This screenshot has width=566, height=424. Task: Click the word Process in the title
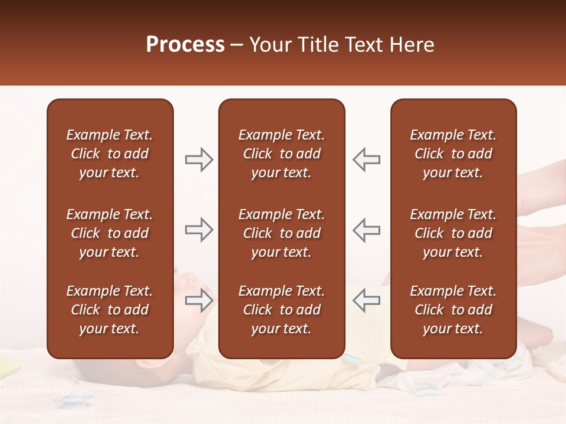185,45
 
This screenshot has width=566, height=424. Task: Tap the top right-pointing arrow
199,160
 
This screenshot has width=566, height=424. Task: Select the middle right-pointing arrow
199,230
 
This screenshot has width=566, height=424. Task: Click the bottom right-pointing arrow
199,300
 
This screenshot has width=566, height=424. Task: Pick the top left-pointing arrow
367,160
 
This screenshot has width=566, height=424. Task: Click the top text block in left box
110,154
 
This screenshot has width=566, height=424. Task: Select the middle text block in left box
110,233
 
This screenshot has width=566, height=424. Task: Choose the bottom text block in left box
110,310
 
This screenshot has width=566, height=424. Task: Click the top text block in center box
281,154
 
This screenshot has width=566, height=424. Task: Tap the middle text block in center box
281,233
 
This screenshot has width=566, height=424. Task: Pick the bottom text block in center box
281,310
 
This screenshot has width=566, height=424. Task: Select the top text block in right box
453,154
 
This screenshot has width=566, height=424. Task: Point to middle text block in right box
453,233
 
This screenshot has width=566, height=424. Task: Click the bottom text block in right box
453,310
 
